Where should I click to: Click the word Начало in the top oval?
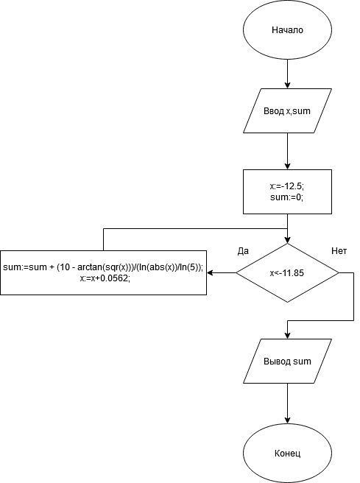coord(287,30)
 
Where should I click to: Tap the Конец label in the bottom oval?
coord(287,454)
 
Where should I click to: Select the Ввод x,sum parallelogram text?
coord(287,111)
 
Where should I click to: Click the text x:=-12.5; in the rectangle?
coord(287,186)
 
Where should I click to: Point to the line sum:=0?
coord(287,197)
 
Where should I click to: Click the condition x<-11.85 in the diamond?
coord(287,273)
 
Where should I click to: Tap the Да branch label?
coord(243,251)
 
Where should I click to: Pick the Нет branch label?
coord(339,251)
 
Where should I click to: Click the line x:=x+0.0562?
coord(104,278)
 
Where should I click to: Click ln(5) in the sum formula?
coord(188,267)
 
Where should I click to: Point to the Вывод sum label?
coord(287,361)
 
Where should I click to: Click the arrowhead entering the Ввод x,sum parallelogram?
coord(287,85)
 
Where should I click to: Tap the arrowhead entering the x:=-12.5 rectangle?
coord(287,166)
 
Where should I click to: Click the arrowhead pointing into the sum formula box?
coord(211,273)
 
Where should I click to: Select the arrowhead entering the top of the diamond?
coord(287,240)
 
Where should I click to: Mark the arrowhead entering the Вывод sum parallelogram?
coord(287,336)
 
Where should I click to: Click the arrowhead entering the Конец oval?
coord(287,420)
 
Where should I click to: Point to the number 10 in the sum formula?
coord(65,267)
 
